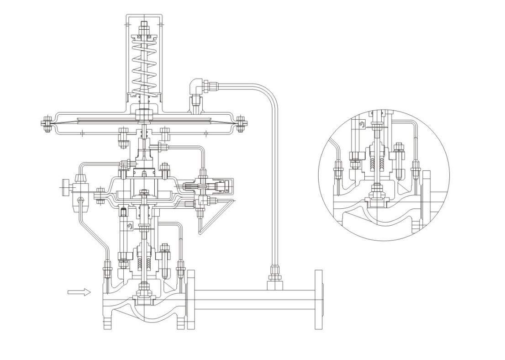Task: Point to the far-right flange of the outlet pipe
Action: pos(319,300)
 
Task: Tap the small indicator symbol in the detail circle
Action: pos(362,124)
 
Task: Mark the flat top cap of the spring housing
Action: pos(144,16)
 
